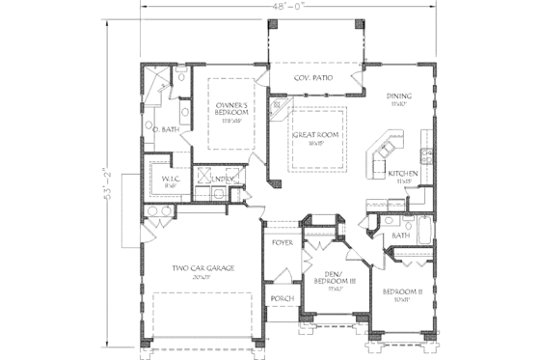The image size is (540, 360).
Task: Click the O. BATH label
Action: [166, 128]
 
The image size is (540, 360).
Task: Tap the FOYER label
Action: [282, 242]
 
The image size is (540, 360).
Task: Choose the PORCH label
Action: [282, 298]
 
